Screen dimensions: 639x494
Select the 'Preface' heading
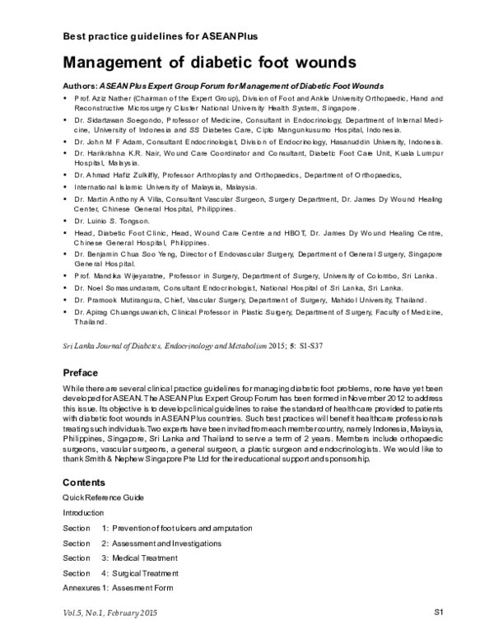pos(82,373)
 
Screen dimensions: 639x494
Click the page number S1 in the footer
pos(439,612)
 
